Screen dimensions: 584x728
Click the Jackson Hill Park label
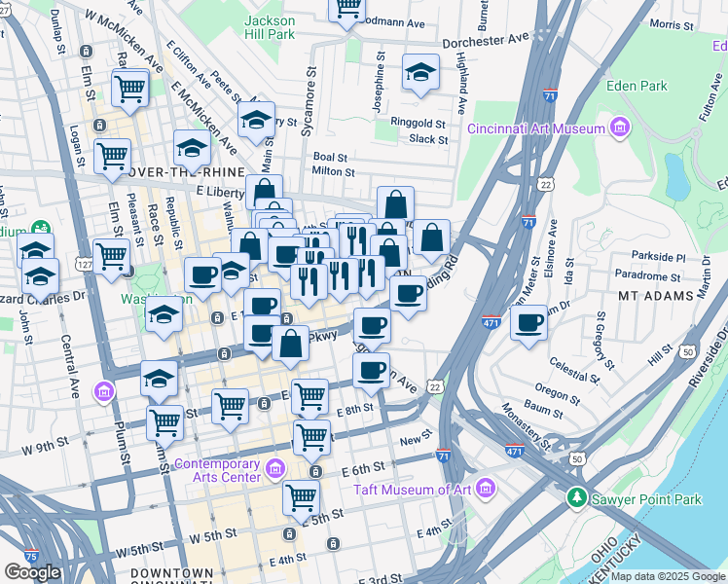pos(270,26)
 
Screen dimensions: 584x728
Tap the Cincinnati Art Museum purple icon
pos(618,128)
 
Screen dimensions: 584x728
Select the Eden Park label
pos(637,86)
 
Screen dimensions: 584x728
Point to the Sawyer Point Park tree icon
pos(577,499)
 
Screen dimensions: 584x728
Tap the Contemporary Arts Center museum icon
pos(275,471)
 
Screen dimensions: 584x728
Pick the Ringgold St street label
pos(418,124)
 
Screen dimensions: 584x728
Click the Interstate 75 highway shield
pos(31,556)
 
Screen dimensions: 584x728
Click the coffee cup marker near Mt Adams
pos(528,322)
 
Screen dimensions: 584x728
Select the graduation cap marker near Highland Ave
pos(420,73)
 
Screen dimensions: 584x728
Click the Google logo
pos(32,573)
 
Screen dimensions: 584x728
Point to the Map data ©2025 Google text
pos(667,576)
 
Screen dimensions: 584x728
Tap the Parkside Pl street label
pos(659,258)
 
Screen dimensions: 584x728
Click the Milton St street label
pos(331,170)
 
